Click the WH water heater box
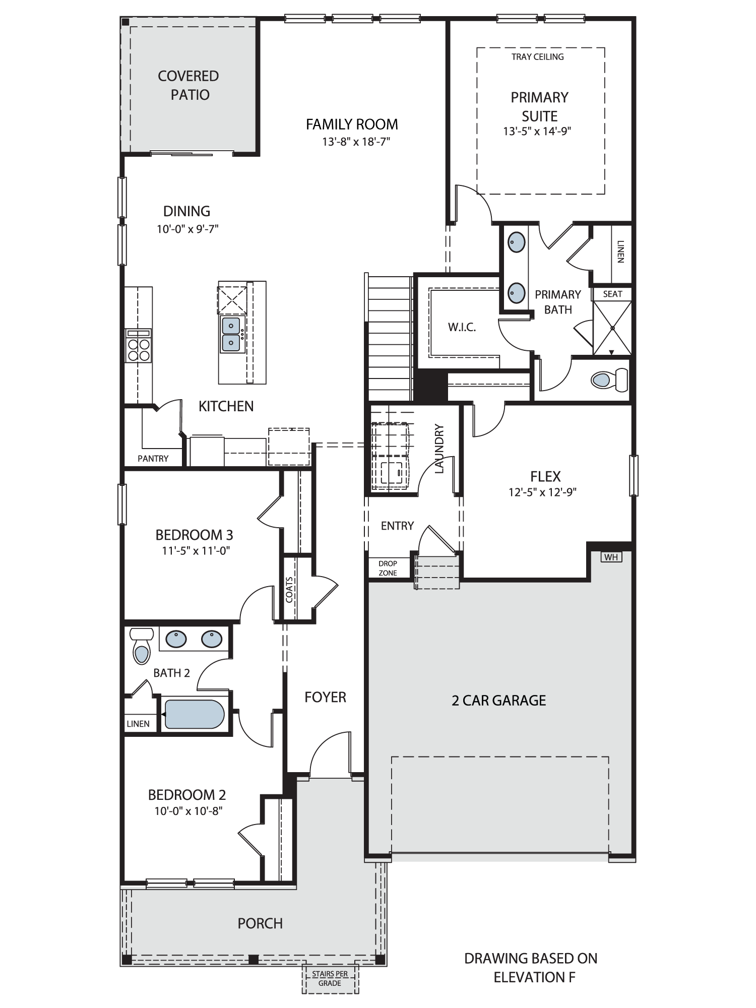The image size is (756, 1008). [611, 557]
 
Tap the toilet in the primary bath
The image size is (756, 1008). [609, 380]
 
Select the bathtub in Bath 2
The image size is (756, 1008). [194, 714]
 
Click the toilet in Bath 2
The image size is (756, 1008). [142, 646]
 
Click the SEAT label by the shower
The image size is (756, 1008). [612, 294]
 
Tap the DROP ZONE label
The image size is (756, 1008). [388, 568]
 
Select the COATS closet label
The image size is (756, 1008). [289, 589]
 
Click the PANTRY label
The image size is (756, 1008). [153, 458]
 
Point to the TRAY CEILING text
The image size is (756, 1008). [537, 57]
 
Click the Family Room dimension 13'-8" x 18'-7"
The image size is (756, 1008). [356, 142]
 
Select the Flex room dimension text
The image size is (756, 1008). [542, 492]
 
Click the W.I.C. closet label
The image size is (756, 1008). [462, 327]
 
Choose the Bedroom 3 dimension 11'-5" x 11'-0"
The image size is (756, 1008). [196, 550]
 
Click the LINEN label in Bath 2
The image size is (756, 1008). [138, 724]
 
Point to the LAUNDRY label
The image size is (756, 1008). [439, 449]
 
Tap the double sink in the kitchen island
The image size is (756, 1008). [231, 334]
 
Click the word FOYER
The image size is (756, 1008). [325, 697]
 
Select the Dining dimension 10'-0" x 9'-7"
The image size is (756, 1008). [187, 229]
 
